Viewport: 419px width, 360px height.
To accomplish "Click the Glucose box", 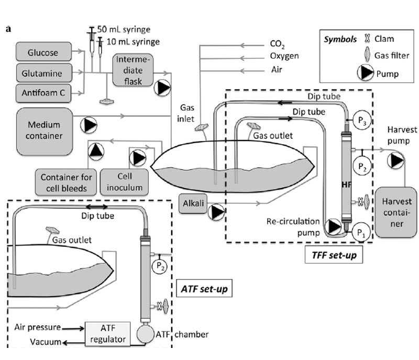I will pos(44,52).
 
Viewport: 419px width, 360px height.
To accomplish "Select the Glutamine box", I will pos(44,72).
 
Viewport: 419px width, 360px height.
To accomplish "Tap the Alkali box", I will pos(192,202).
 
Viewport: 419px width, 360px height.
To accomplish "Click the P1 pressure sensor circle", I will pos(361,231).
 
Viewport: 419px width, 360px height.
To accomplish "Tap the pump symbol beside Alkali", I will pos(217,212).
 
